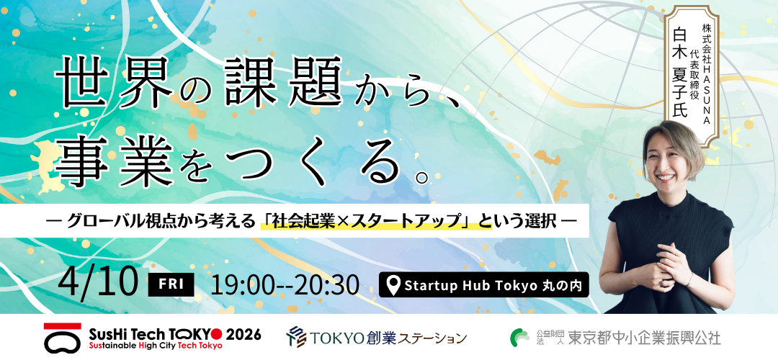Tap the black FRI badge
tap(171, 284)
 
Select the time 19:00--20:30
tap(285, 284)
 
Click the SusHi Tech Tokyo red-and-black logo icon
tap(62, 337)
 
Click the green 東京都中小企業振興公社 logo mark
tap(520, 337)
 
